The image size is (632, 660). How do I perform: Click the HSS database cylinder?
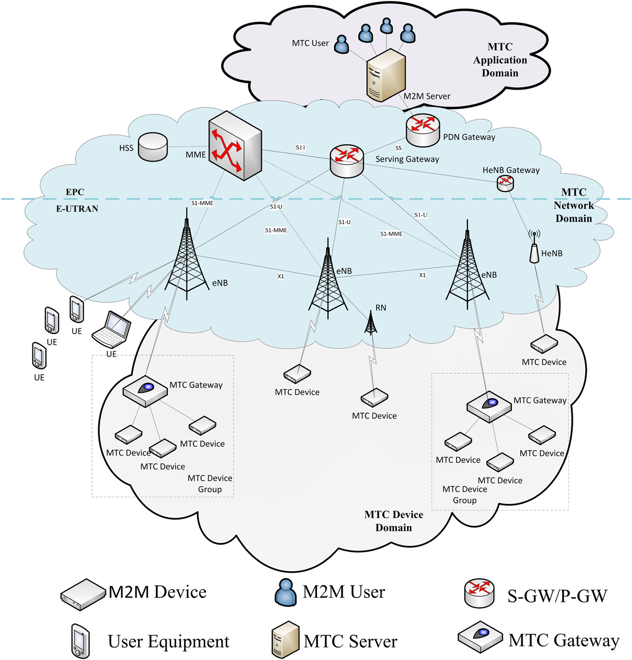tap(153, 146)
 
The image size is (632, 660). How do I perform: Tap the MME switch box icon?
tap(235, 146)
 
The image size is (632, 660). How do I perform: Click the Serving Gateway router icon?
tap(347, 161)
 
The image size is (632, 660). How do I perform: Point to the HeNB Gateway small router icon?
tap(505, 183)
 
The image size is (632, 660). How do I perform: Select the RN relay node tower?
tap(371, 323)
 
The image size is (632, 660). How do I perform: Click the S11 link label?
tap(301, 147)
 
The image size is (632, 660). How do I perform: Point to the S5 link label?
tap(398, 148)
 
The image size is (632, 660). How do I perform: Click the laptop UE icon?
tap(112, 329)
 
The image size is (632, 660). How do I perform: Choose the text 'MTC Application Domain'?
tap(500, 60)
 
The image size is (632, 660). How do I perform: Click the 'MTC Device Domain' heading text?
tap(393, 521)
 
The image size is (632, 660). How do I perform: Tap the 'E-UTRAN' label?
tap(77, 209)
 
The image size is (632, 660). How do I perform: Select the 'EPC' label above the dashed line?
tap(75, 192)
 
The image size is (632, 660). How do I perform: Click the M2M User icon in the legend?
tap(285, 592)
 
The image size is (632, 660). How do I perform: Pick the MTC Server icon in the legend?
tap(285, 639)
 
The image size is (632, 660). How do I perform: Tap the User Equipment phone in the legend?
tap(80, 641)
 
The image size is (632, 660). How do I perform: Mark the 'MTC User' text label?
tap(310, 43)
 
